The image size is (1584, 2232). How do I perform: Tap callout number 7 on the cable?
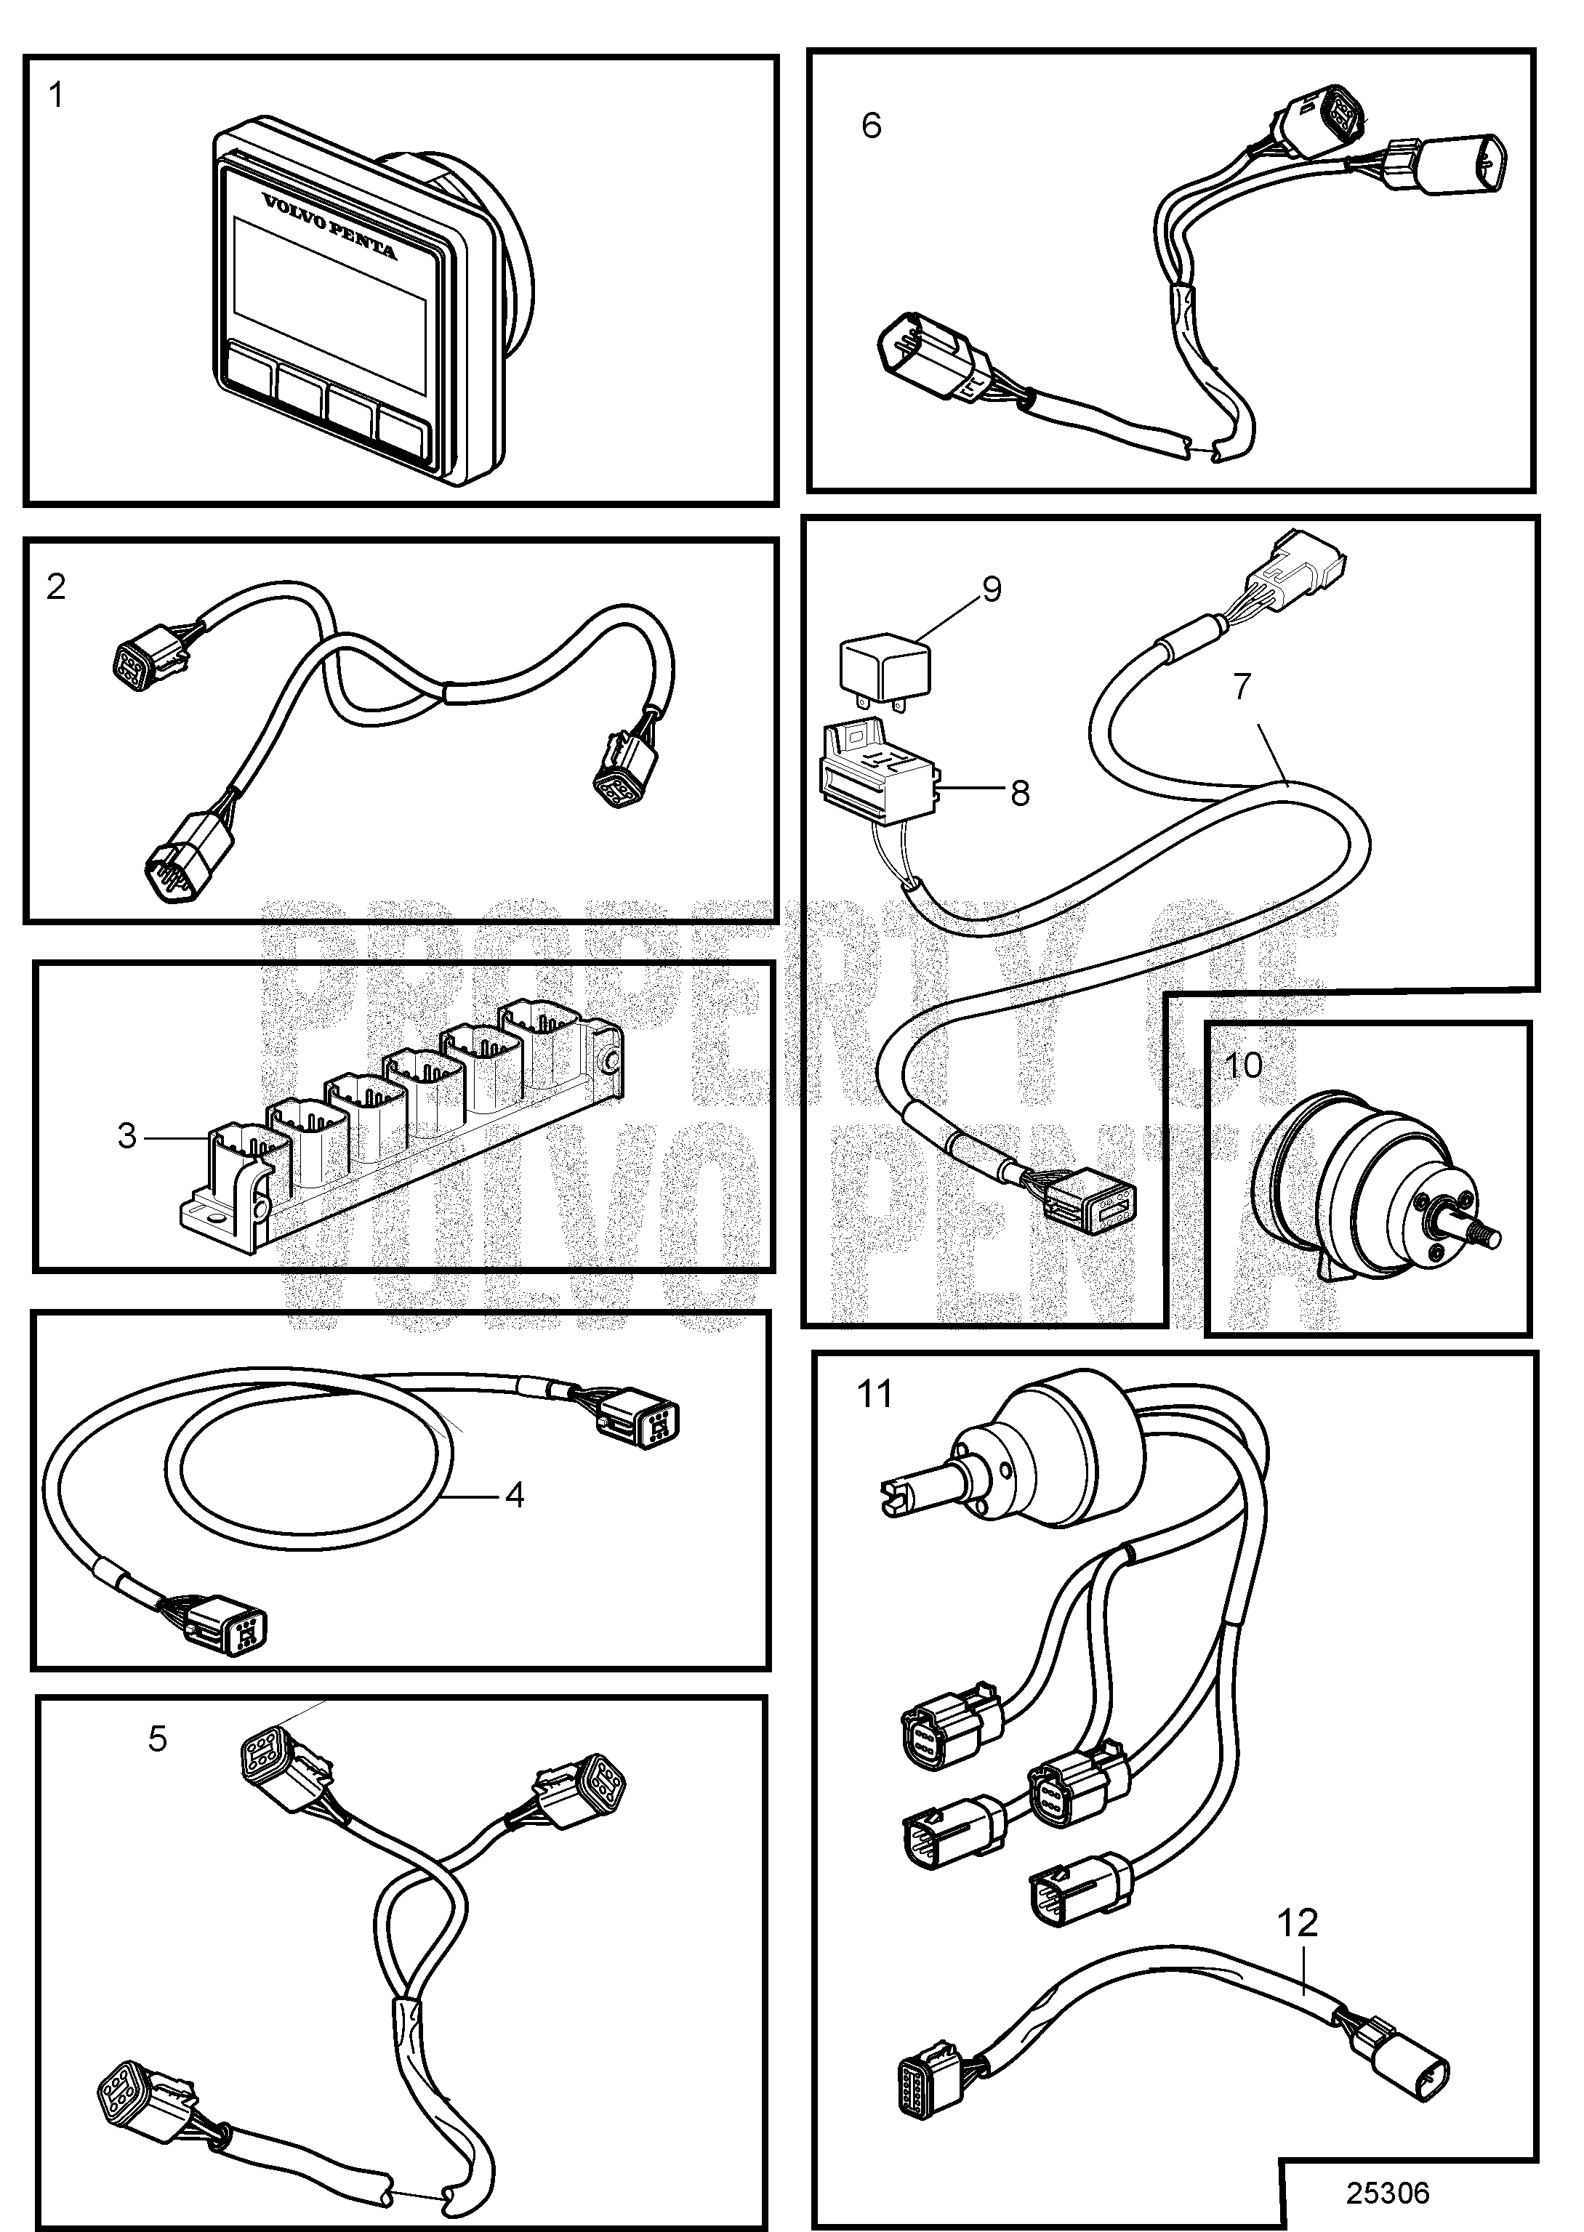click(1241, 687)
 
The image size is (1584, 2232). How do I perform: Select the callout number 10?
click(1242, 1064)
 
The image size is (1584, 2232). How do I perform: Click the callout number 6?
click(871, 125)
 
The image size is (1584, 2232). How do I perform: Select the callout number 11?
click(874, 1395)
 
